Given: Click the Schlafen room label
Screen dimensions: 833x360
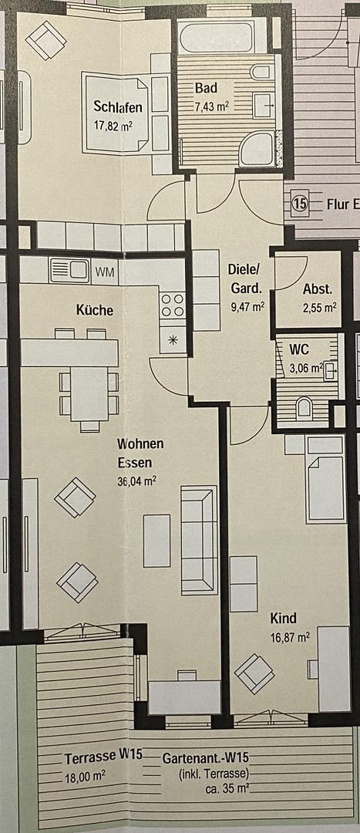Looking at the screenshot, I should coord(113,106).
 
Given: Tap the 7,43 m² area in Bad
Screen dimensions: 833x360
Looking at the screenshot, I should coord(211,107).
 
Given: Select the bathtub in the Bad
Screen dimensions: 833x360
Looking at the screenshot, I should coord(215,37).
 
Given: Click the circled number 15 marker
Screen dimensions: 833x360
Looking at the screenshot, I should coord(300,204).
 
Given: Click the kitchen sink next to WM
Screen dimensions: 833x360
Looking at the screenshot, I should coord(70,271).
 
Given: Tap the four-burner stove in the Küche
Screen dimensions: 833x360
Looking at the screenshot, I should coord(173,305).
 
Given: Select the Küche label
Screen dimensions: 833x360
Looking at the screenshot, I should coord(94,310).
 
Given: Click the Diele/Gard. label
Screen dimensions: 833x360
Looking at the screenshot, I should coord(246,279).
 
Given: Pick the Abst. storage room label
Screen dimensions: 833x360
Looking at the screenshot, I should coord(318,290).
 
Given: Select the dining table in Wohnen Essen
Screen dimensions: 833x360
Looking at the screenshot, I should coord(89,392).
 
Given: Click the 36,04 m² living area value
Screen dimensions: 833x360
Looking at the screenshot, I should coord(137,479).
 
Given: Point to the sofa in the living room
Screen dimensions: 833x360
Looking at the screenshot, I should coord(199,539).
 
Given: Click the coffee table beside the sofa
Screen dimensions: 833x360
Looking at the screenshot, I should coord(156,540).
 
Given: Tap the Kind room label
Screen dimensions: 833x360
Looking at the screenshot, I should coord(283,619).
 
